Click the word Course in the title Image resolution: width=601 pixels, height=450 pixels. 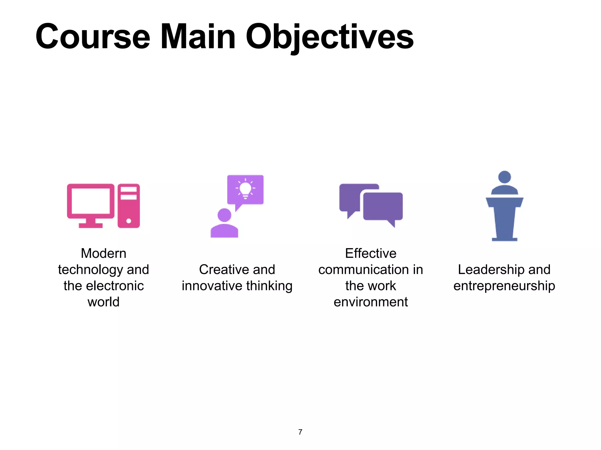coord(93,37)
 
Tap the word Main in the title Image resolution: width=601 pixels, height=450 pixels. coord(198,37)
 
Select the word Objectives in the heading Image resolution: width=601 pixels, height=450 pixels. coord(329,37)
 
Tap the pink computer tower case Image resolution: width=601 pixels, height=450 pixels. coord(129,206)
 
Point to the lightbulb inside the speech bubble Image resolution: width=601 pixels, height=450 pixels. coord(245,189)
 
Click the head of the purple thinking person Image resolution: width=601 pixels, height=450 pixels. coord(224,215)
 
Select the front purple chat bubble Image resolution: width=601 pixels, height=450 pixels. coord(383,206)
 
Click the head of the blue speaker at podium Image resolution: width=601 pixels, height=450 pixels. coord(504,177)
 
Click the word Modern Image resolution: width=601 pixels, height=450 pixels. coord(104,253)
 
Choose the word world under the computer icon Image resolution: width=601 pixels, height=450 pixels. coord(104,302)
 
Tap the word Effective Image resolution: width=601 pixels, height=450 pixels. coord(371,253)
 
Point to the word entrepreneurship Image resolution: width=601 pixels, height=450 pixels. coord(504,286)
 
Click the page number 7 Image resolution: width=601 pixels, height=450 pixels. coord(300,432)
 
